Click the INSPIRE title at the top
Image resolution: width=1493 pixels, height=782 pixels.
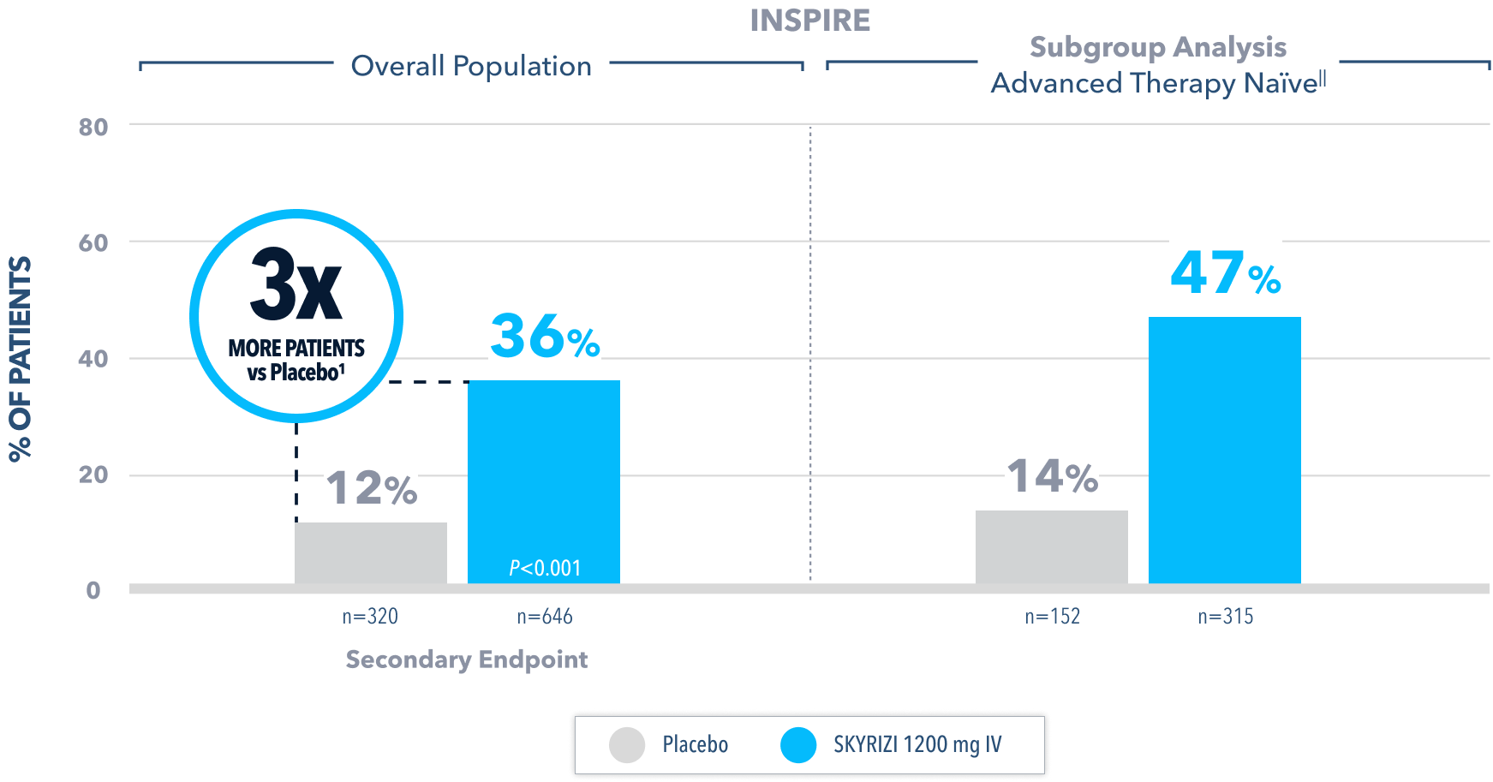809,20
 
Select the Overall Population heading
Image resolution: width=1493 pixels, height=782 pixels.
471,66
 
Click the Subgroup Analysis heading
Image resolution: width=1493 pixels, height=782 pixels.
1157,47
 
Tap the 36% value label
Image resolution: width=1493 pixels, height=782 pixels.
545,337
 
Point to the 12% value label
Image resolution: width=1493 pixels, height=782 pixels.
371,489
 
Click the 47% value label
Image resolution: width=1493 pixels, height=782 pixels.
1225,274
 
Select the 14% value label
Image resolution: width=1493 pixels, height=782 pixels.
1052,476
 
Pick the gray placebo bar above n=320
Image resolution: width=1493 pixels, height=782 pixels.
371,552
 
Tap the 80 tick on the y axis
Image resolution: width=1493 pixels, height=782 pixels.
93,127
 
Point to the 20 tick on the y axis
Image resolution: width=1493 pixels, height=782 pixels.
93,475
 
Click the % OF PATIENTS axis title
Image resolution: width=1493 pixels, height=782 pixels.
21,359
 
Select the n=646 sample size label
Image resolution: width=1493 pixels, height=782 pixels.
545,616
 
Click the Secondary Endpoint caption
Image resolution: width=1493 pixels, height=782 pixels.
467,660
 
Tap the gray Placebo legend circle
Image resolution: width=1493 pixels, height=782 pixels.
627,745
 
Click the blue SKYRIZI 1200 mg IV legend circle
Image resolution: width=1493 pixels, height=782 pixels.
798,745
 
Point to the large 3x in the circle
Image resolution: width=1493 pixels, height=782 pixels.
296,285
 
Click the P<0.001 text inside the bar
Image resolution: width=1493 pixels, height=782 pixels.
545,568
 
